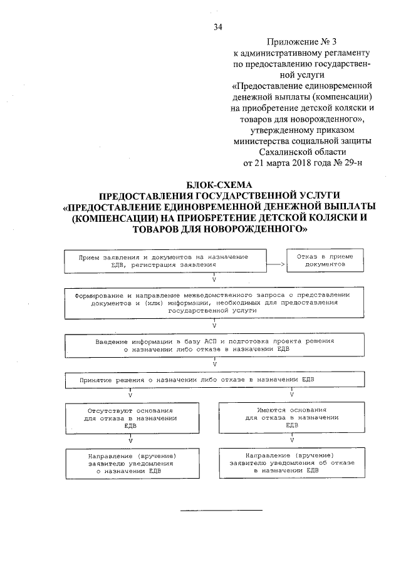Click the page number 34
(x=218, y=26)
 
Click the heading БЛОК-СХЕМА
(x=219, y=185)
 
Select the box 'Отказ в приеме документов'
(x=325, y=261)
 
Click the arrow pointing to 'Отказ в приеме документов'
(x=276, y=265)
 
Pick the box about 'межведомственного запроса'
(x=213, y=302)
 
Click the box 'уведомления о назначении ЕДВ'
(x=130, y=464)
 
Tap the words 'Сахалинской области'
(x=302, y=151)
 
